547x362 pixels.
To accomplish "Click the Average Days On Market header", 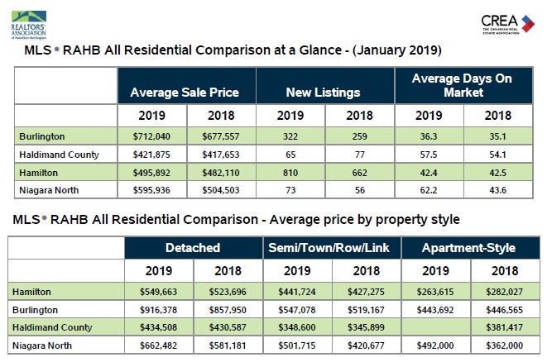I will [x=463, y=84].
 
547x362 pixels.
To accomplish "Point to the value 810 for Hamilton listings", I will [x=290, y=174].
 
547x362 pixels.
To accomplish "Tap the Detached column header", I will [x=193, y=247].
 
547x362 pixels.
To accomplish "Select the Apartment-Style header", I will [x=468, y=247].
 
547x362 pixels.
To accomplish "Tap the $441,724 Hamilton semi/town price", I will [x=295, y=293].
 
